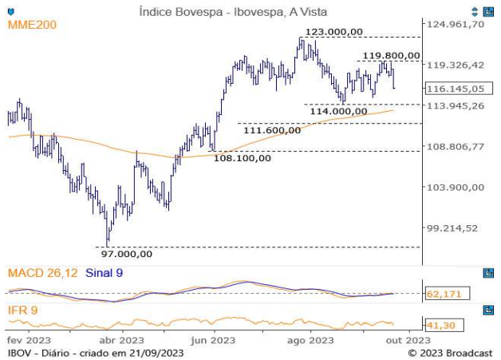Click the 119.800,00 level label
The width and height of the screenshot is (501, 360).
[391, 55]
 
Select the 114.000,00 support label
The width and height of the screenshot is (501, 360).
[338, 112]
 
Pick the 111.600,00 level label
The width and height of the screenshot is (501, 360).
[272, 129]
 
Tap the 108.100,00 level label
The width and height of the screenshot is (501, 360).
[243, 157]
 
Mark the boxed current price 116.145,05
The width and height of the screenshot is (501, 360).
[456, 88]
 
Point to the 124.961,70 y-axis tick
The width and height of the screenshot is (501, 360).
[456, 24]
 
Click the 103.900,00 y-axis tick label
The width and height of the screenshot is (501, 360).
[456, 187]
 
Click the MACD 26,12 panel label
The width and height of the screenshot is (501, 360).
[43, 273]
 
